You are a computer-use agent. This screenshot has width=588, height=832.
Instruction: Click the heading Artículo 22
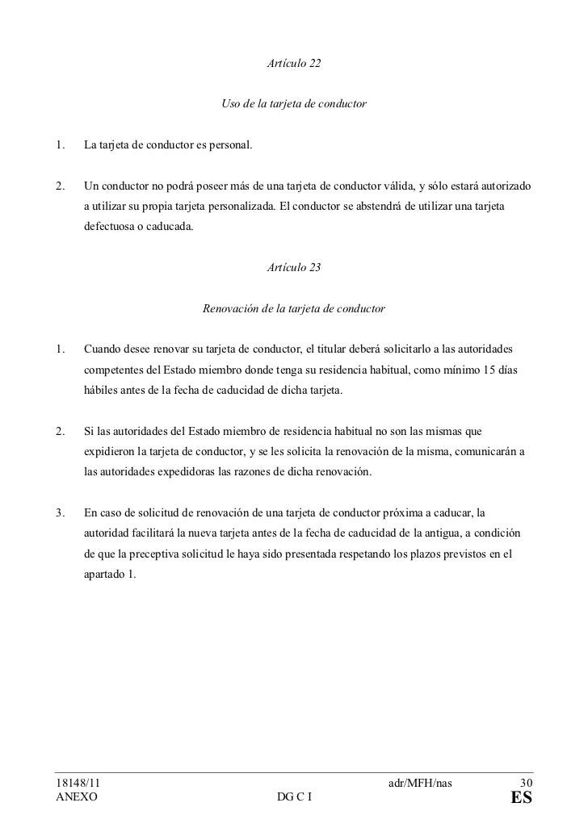pos(294,62)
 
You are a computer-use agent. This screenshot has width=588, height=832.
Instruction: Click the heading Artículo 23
pos(294,265)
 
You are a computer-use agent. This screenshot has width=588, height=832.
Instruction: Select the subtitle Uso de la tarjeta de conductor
pos(294,104)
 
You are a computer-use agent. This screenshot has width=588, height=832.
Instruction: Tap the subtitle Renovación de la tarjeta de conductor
pos(294,308)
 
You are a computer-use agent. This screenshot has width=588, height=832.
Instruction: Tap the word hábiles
pos(101,391)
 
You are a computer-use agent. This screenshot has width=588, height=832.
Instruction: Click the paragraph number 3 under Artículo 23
pos(60,513)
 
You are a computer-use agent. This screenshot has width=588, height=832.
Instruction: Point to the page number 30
pos(526,782)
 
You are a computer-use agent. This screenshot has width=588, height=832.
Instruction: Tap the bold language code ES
pos(522,800)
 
